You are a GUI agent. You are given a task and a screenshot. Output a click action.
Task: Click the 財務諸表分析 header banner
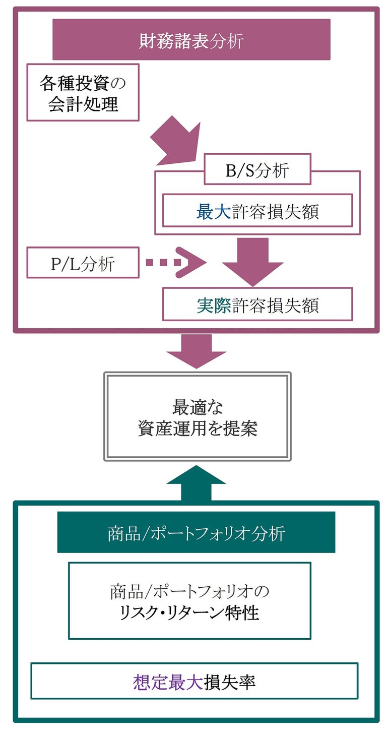[x=191, y=40]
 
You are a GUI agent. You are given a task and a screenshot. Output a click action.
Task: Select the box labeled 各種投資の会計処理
[x=83, y=92]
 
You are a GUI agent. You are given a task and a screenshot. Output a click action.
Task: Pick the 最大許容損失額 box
[x=257, y=211]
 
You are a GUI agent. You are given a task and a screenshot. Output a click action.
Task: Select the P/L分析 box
[x=83, y=263]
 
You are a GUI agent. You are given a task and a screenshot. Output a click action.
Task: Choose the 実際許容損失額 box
[x=257, y=304]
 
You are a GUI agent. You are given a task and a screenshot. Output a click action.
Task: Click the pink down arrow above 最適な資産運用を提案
[x=197, y=351]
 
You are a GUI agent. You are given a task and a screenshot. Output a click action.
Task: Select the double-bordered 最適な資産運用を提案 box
[x=197, y=416]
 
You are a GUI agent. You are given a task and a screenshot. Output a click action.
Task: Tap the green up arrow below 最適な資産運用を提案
[x=196, y=483]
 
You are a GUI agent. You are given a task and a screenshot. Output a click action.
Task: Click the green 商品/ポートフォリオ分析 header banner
[x=196, y=532]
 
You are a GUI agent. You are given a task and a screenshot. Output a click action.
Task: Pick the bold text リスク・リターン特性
[x=189, y=613]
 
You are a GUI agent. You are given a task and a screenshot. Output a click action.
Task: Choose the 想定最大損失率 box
[x=194, y=681]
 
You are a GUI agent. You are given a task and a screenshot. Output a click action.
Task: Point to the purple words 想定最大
[x=167, y=682]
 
